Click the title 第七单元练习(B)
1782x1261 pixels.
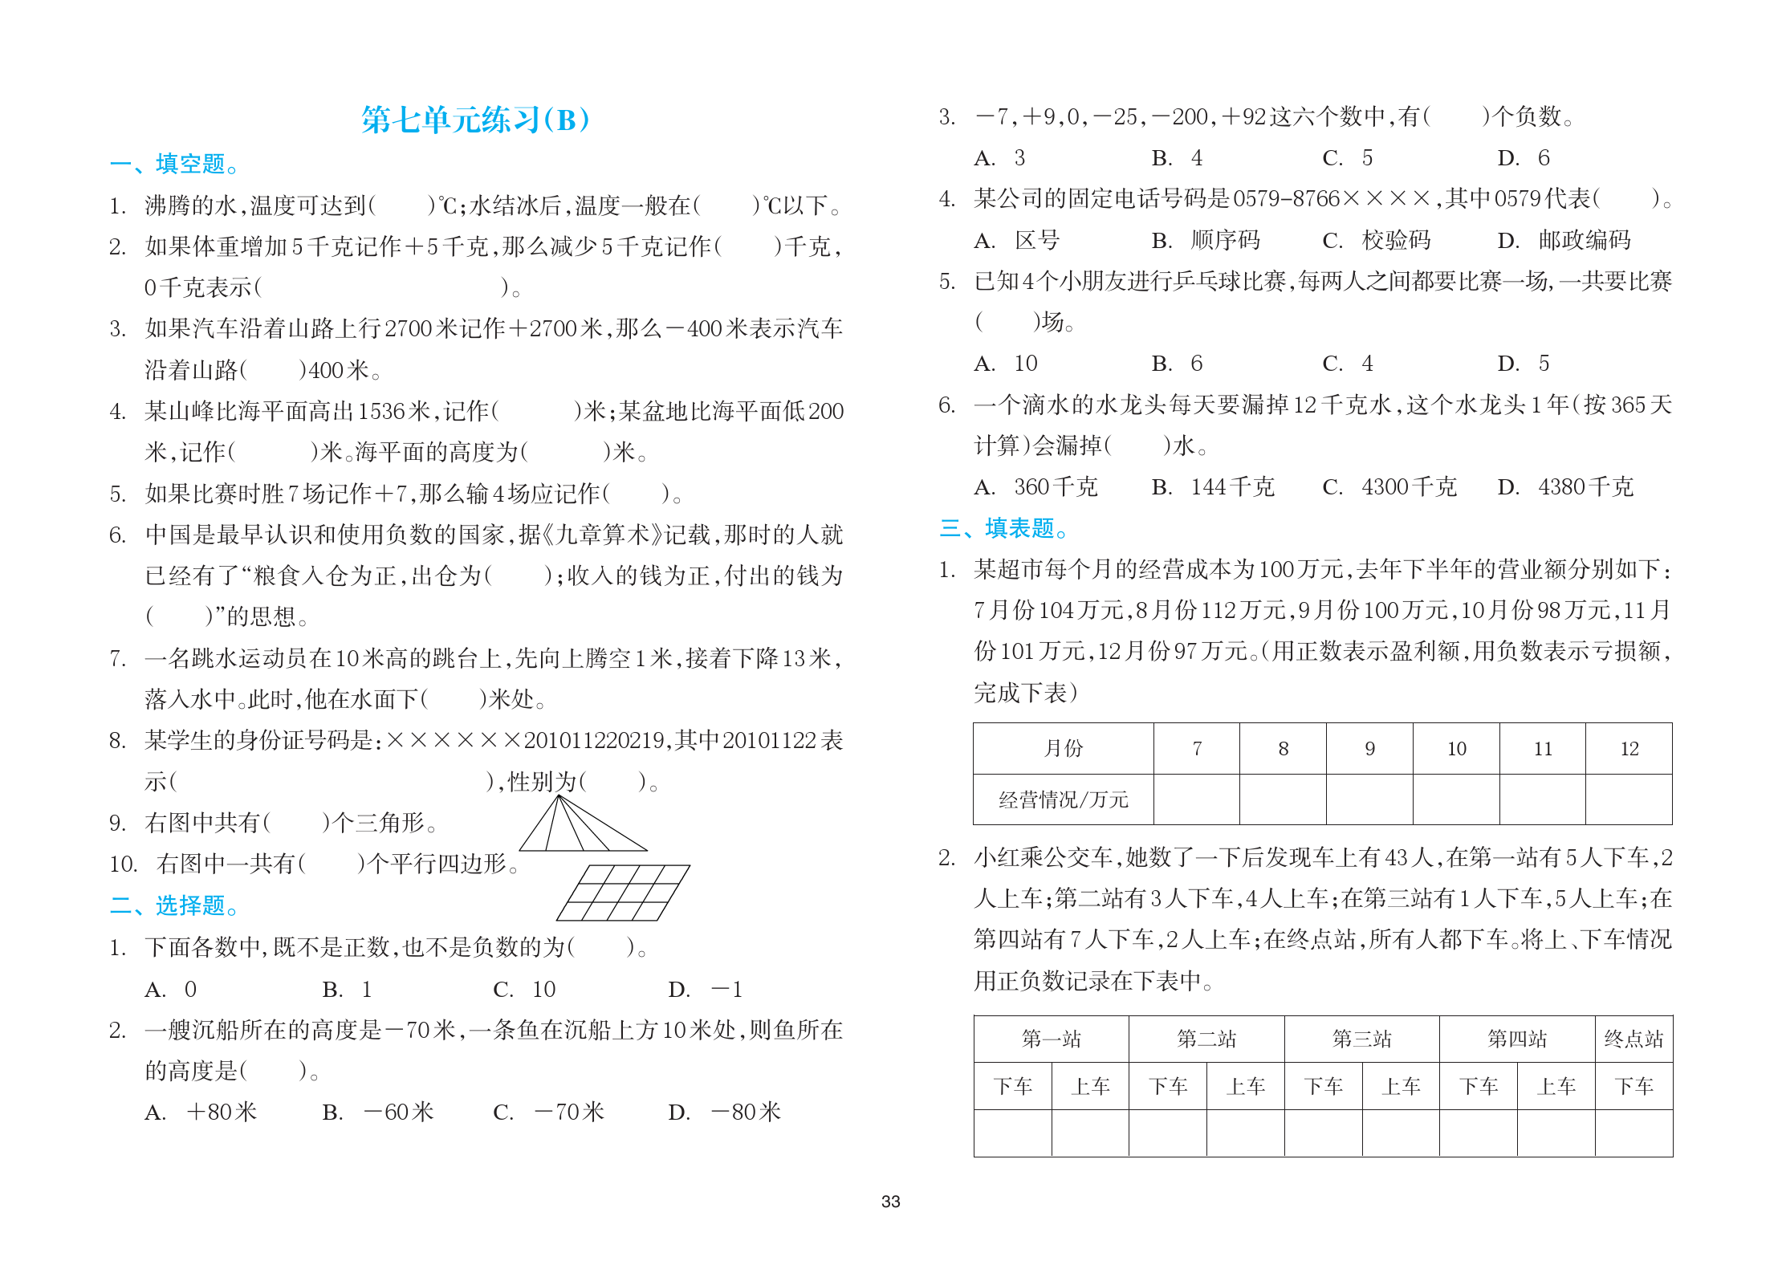(x=475, y=120)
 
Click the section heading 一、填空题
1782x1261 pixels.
(x=174, y=165)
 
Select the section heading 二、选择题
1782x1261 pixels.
(x=174, y=906)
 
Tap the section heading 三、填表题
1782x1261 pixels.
(x=1003, y=529)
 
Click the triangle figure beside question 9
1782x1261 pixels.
(x=582, y=825)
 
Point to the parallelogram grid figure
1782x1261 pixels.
(x=624, y=893)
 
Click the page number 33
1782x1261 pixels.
(x=890, y=1202)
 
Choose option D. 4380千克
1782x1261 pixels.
(x=1564, y=487)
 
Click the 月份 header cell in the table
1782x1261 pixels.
(x=1063, y=749)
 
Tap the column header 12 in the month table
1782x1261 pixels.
(x=1629, y=749)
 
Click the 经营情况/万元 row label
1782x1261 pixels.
(x=1063, y=799)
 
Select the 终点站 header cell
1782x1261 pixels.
(x=1633, y=1039)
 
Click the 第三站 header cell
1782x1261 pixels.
(x=1361, y=1039)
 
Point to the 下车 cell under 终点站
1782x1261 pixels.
(x=1633, y=1087)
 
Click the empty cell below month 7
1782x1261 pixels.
(x=1196, y=799)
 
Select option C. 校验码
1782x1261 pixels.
(x=1377, y=240)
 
